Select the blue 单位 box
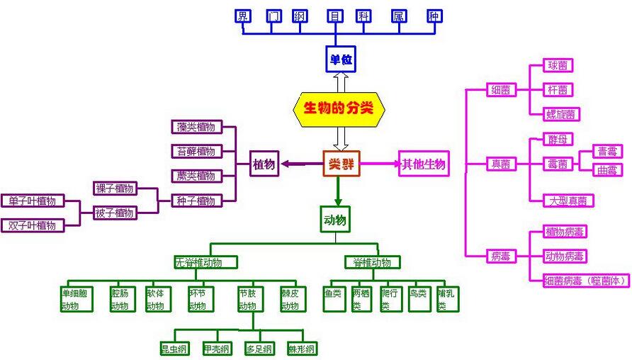click(340, 59)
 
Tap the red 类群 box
click(341, 164)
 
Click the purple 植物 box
click(264, 164)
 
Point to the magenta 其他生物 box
click(424, 164)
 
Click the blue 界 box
click(244, 16)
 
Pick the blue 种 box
click(434, 16)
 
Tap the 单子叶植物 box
click(32, 201)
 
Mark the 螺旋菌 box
click(560, 113)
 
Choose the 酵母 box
click(556, 139)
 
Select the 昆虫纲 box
click(174, 349)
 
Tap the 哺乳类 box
click(447, 299)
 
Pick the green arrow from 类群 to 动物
click(338, 191)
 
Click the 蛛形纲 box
click(302, 349)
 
